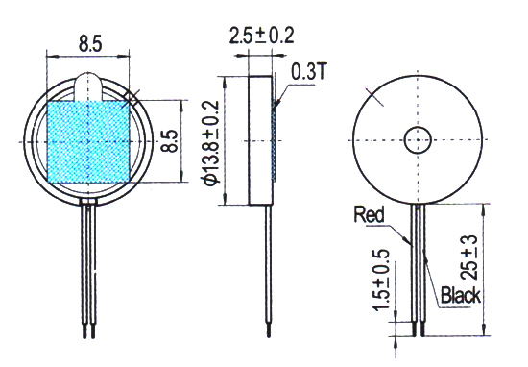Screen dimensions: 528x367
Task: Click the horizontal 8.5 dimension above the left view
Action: pyautogui.click(x=90, y=44)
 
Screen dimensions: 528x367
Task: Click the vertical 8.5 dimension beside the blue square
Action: pyautogui.click(x=170, y=141)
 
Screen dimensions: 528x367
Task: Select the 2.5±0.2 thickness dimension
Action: pyautogui.click(x=262, y=35)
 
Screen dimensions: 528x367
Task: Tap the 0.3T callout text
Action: pyautogui.click(x=308, y=71)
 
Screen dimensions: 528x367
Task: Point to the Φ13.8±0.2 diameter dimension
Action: pyautogui.click(x=212, y=142)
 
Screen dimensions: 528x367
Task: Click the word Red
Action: pyautogui.click(x=369, y=214)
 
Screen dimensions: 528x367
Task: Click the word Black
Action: pyautogui.click(x=461, y=295)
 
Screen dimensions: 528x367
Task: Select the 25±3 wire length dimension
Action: pyautogui.click(x=468, y=257)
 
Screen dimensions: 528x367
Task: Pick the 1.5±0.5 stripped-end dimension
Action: pyautogui.click(x=381, y=280)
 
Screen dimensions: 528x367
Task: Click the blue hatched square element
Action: pyautogui.click(x=88, y=142)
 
